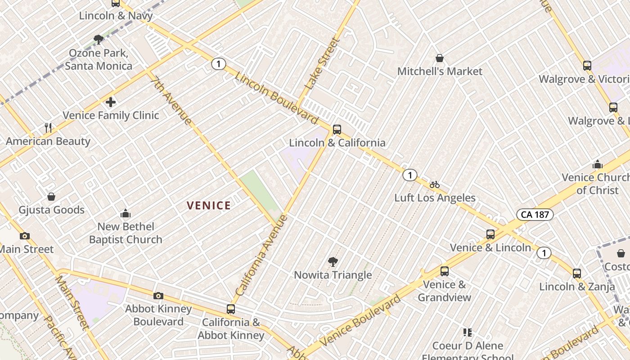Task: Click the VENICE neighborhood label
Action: (x=209, y=206)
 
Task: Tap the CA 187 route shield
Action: (x=535, y=214)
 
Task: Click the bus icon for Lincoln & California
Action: (x=337, y=130)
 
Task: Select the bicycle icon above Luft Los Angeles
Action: (x=434, y=184)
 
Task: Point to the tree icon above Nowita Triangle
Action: (x=333, y=261)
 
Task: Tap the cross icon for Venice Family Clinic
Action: (x=111, y=102)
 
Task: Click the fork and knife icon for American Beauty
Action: (x=48, y=128)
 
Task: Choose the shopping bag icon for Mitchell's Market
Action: (x=440, y=58)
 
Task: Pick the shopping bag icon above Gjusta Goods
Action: (x=51, y=197)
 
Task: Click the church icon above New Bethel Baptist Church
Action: (x=126, y=213)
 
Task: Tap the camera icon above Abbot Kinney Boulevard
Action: (x=158, y=296)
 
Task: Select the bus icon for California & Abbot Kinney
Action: (x=231, y=309)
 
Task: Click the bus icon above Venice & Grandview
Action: (x=445, y=271)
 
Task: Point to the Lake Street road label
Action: (x=322, y=63)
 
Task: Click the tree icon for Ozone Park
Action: (x=99, y=40)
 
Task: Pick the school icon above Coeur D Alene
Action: (x=468, y=333)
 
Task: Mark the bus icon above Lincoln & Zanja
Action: (x=577, y=273)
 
